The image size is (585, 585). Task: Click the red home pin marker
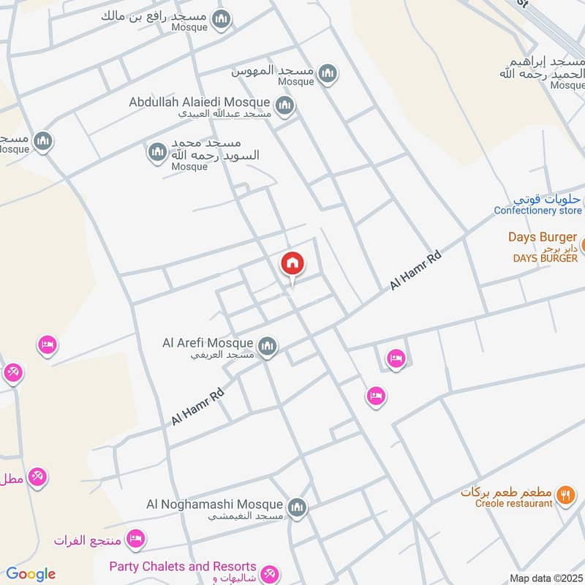pyautogui.click(x=292, y=264)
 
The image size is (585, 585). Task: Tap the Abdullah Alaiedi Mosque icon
pyautogui.click(x=285, y=105)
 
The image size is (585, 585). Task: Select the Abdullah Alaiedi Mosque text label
pyautogui.click(x=200, y=102)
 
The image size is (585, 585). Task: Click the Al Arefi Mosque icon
pyautogui.click(x=268, y=346)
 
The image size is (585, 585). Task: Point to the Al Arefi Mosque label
pyautogui.click(x=208, y=343)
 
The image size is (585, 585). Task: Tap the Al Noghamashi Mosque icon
pyautogui.click(x=296, y=507)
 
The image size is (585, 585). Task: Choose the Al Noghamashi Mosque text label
pyautogui.click(x=214, y=505)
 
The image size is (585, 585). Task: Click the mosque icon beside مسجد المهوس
pyautogui.click(x=328, y=73)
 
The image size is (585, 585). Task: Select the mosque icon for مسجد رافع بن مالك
pyautogui.click(x=221, y=19)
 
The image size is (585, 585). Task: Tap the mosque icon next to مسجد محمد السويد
pyautogui.click(x=157, y=152)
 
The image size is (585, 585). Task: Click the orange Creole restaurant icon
pyautogui.click(x=565, y=495)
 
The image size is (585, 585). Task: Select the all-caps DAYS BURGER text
pyautogui.click(x=545, y=258)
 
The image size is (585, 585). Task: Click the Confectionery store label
pyautogui.click(x=537, y=211)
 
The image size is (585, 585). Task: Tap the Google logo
pyautogui.click(x=31, y=574)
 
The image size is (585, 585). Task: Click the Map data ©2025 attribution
pyautogui.click(x=546, y=578)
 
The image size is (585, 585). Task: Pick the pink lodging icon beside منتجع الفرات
pyautogui.click(x=135, y=540)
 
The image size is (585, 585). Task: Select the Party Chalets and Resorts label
pyautogui.click(x=183, y=567)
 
